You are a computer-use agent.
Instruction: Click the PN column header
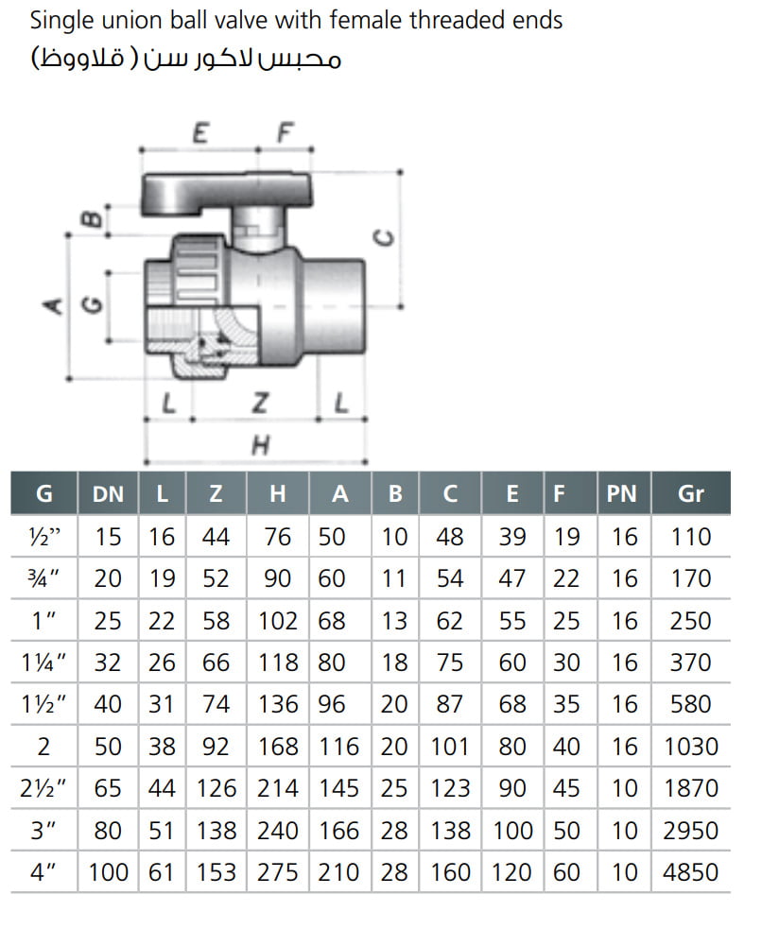tap(621, 493)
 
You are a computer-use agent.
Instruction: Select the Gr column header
tap(691, 493)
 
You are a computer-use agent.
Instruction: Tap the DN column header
tap(109, 493)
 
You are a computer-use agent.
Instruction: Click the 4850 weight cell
tap(691, 871)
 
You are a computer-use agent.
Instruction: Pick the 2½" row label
tap(44, 788)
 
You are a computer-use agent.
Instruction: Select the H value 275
tap(278, 871)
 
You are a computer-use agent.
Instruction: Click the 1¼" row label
tap(44, 662)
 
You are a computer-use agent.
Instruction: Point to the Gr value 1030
tap(691, 746)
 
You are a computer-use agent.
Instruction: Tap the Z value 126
tap(217, 788)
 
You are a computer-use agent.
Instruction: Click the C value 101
tap(450, 746)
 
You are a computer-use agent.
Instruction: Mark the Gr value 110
tap(691, 537)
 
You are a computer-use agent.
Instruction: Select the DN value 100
tap(109, 871)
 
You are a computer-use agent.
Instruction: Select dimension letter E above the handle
tap(199, 133)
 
